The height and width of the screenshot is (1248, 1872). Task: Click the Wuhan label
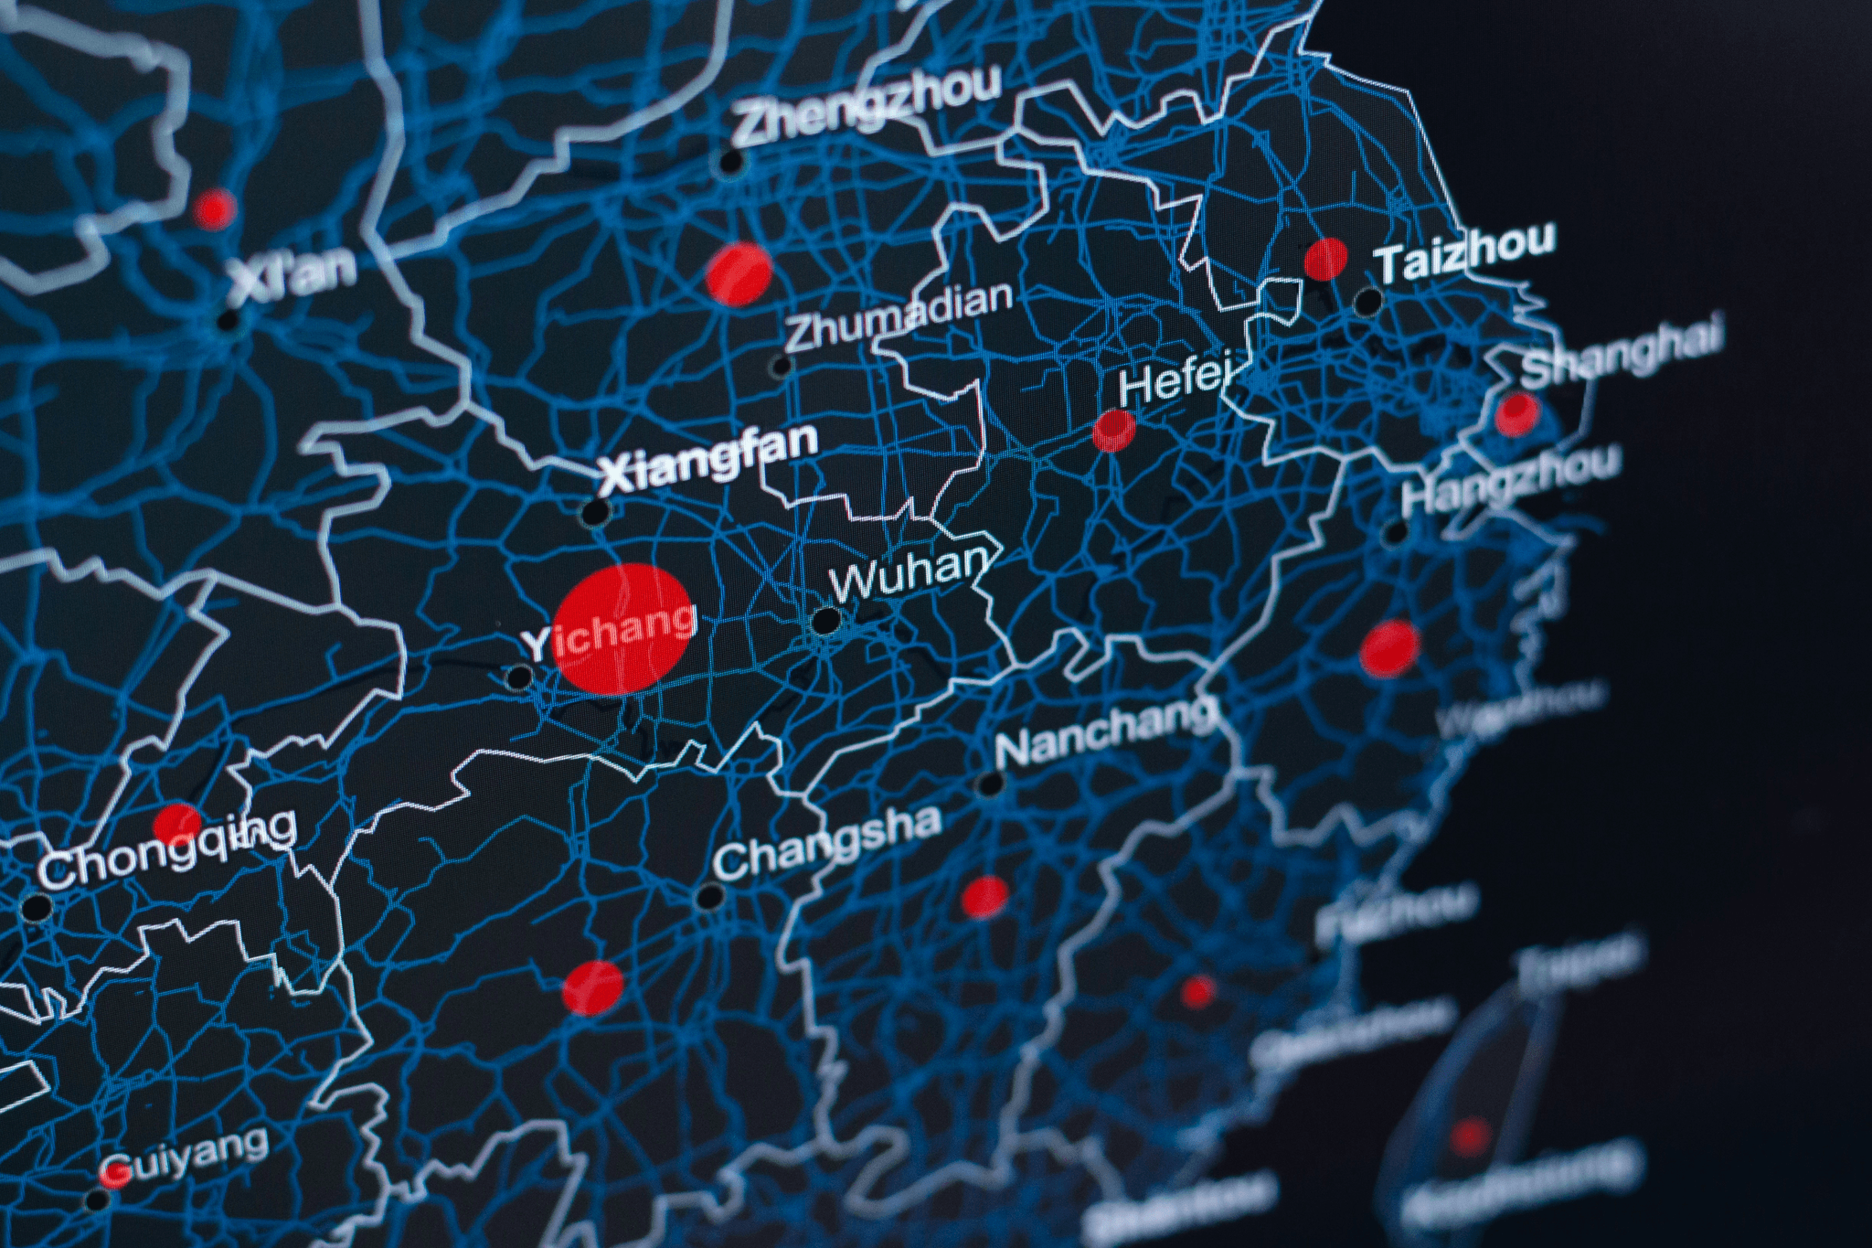pos(909,571)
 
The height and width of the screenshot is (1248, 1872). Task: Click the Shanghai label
pos(1622,349)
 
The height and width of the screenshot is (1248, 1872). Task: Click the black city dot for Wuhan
pos(826,621)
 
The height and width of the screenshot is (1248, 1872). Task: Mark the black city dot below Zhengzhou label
pos(731,163)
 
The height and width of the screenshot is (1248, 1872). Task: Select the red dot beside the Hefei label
pos(1114,429)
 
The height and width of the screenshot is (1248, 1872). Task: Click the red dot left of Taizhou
pos(1325,259)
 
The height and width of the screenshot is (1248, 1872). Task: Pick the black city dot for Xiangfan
pos(597,511)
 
